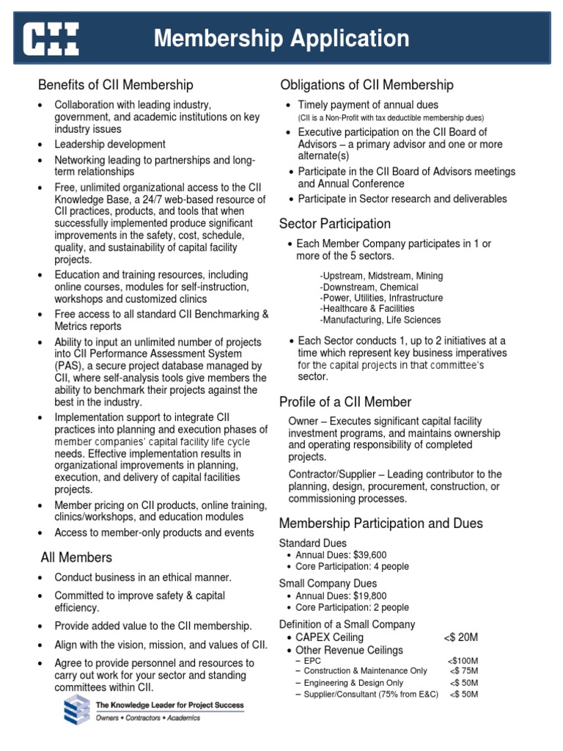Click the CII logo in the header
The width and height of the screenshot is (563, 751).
(51, 38)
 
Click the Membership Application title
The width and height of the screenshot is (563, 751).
(281, 38)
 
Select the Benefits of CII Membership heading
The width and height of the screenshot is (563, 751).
(116, 85)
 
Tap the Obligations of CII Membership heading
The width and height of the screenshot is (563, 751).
(367, 85)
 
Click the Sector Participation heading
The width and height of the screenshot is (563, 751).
(335, 224)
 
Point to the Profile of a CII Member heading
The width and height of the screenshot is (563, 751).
(345, 402)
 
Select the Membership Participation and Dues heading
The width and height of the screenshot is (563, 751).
(381, 524)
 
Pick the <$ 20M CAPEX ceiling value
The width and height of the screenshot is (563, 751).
(461, 637)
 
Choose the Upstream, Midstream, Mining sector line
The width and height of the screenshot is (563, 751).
(381, 276)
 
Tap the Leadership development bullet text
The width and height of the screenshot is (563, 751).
(110, 144)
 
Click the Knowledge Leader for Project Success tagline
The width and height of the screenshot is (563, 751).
(170, 705)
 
